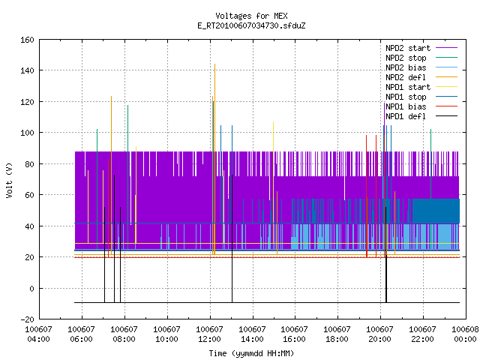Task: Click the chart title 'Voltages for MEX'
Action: pos(251,16)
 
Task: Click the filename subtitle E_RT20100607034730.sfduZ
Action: pos(251,25)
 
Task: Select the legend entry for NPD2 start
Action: pos(421,48)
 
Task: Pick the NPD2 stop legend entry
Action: pos(421,58)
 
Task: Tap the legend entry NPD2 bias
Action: pos(421,67)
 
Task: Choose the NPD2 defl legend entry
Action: pos(421,77)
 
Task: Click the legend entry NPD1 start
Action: pos(421,87)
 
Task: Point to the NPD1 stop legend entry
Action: pos(421,97)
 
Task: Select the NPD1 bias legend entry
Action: pos(421,106)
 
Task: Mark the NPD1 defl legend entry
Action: pos(421,117)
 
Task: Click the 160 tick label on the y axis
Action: pos(27,40)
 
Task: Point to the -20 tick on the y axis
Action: pos(27,319)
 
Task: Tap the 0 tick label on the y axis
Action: pos(31,288)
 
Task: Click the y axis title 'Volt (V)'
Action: pos(9,181)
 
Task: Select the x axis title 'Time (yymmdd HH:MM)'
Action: pos(251,353)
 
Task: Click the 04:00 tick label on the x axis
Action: pos(38,334)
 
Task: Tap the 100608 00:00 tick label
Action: pos(465,334)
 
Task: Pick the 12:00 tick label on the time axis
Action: pos(209,334)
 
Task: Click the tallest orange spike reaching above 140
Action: pos(215,159)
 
